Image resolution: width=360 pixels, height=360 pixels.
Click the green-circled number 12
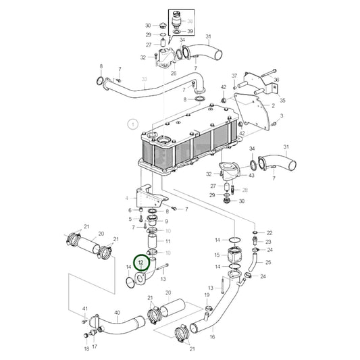tap(141, 261)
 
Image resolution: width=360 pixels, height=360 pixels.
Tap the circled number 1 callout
tap(133, 124)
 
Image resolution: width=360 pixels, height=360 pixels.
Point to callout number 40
tap(117, 313)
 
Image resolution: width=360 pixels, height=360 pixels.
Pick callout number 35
tap(283, 100)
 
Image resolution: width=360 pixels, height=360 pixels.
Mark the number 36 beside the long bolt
tap(276, 79)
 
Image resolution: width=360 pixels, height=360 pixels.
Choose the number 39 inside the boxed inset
tap(190, 31)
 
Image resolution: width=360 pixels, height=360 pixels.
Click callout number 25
tap(269, 262)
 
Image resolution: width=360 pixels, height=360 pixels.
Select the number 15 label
tap(217, 255)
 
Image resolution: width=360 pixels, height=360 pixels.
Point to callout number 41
tap(85, 309)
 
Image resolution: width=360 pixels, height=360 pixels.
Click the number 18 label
tap(86, 350)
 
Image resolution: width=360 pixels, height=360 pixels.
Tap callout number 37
tap(234, 76)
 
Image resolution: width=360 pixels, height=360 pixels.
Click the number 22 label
tap(269, 232)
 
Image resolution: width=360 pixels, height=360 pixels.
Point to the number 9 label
tap(167, 221)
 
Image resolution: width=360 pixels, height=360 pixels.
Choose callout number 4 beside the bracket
tap(126, 198)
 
